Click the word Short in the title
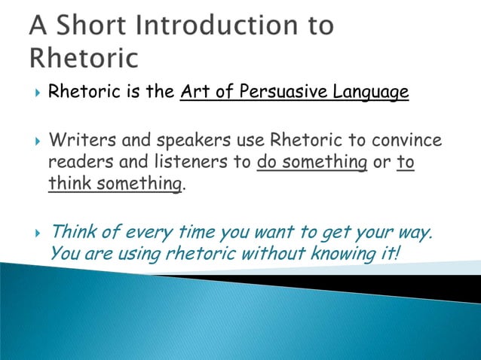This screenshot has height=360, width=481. coord(93,26)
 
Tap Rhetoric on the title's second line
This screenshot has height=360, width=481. coord(84,58)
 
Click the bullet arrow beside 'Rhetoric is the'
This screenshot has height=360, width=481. coord(38,93)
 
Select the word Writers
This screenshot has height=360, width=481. coord(76,141)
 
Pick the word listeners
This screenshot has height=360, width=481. coord(182,162)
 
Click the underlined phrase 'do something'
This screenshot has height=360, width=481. coord(312,162)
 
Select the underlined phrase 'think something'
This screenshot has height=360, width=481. coord(115,183)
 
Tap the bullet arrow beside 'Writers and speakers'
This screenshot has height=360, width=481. coord(38,141)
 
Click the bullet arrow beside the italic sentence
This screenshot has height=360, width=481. coord(38,232)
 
